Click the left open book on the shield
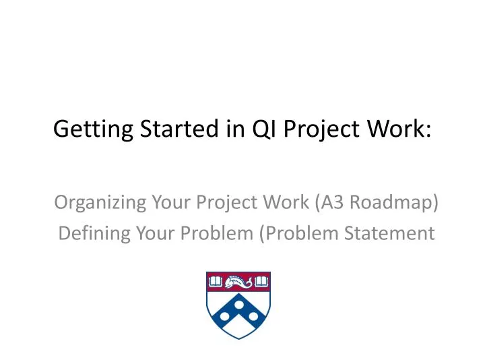pyautogui.click(x=215, y=280)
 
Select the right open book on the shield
pyautogui.click(x=261, y=280)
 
